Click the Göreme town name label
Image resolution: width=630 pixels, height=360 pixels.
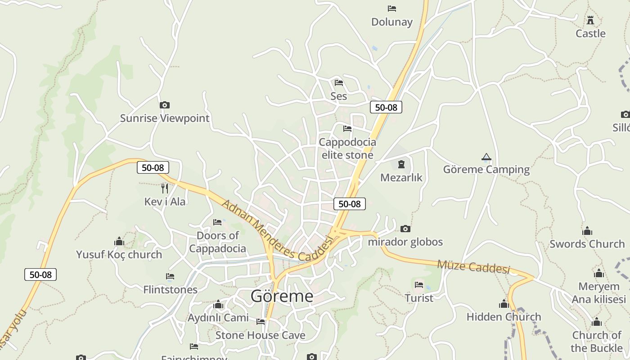282,296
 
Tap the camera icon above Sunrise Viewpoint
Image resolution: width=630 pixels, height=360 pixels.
165,105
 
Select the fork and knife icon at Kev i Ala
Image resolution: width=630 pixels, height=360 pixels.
165,188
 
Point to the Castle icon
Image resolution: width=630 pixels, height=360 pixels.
590,20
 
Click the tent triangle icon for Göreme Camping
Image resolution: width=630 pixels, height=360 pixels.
486,157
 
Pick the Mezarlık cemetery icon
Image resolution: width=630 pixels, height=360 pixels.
401,164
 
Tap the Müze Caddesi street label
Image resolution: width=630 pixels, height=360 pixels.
473,266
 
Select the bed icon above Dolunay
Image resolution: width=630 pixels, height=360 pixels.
391,9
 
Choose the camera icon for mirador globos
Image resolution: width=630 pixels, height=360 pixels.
405,229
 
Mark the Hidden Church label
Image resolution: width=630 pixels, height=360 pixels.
504,317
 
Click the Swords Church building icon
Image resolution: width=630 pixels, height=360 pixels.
587,231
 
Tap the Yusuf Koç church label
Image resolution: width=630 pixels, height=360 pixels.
119,254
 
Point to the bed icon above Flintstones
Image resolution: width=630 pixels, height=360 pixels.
170,276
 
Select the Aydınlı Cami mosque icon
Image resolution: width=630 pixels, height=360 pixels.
218,305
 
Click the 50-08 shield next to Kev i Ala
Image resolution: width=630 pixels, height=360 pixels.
153,168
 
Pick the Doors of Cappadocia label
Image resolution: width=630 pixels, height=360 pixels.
218,242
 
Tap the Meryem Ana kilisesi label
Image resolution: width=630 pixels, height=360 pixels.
599,293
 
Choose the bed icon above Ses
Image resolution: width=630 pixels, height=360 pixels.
339,83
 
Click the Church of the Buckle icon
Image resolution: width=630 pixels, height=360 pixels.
597,322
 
